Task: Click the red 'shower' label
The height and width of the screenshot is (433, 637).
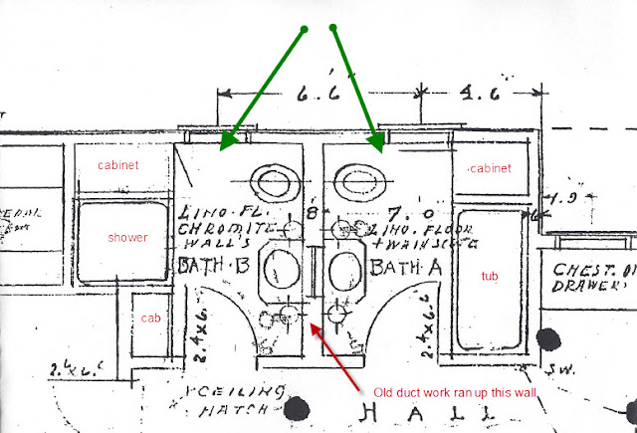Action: pos(129,239)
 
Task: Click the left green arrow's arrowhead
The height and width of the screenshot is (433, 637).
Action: pos(225,142)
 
